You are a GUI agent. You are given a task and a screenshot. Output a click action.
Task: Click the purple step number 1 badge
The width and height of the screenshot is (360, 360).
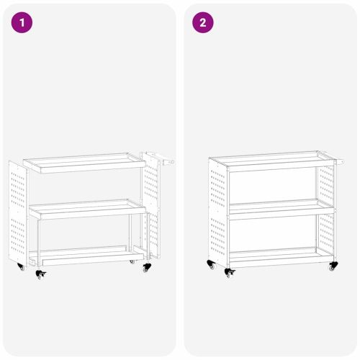22,22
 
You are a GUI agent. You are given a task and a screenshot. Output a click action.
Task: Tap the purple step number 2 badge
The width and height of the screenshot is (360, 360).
202,22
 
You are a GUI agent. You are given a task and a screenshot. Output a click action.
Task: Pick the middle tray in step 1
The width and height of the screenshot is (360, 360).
86,209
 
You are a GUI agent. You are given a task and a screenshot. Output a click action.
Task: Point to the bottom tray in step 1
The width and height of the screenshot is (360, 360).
85,255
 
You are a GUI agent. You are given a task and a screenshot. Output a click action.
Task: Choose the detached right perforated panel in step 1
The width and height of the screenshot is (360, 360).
150,205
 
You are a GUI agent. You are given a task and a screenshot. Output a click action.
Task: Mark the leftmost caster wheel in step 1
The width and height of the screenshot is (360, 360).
21,268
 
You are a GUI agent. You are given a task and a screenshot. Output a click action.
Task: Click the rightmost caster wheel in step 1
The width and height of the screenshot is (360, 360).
148,267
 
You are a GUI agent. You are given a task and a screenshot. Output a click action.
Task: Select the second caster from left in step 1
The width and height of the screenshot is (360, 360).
40,275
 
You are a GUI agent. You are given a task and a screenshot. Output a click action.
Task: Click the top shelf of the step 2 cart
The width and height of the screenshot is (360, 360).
272,158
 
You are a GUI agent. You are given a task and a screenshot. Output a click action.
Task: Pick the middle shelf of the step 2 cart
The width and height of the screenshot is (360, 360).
274,206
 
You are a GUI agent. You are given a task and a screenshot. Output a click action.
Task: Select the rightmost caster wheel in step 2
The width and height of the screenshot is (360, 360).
333,267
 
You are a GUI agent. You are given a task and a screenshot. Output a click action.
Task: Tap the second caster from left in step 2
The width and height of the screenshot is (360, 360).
230,273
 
